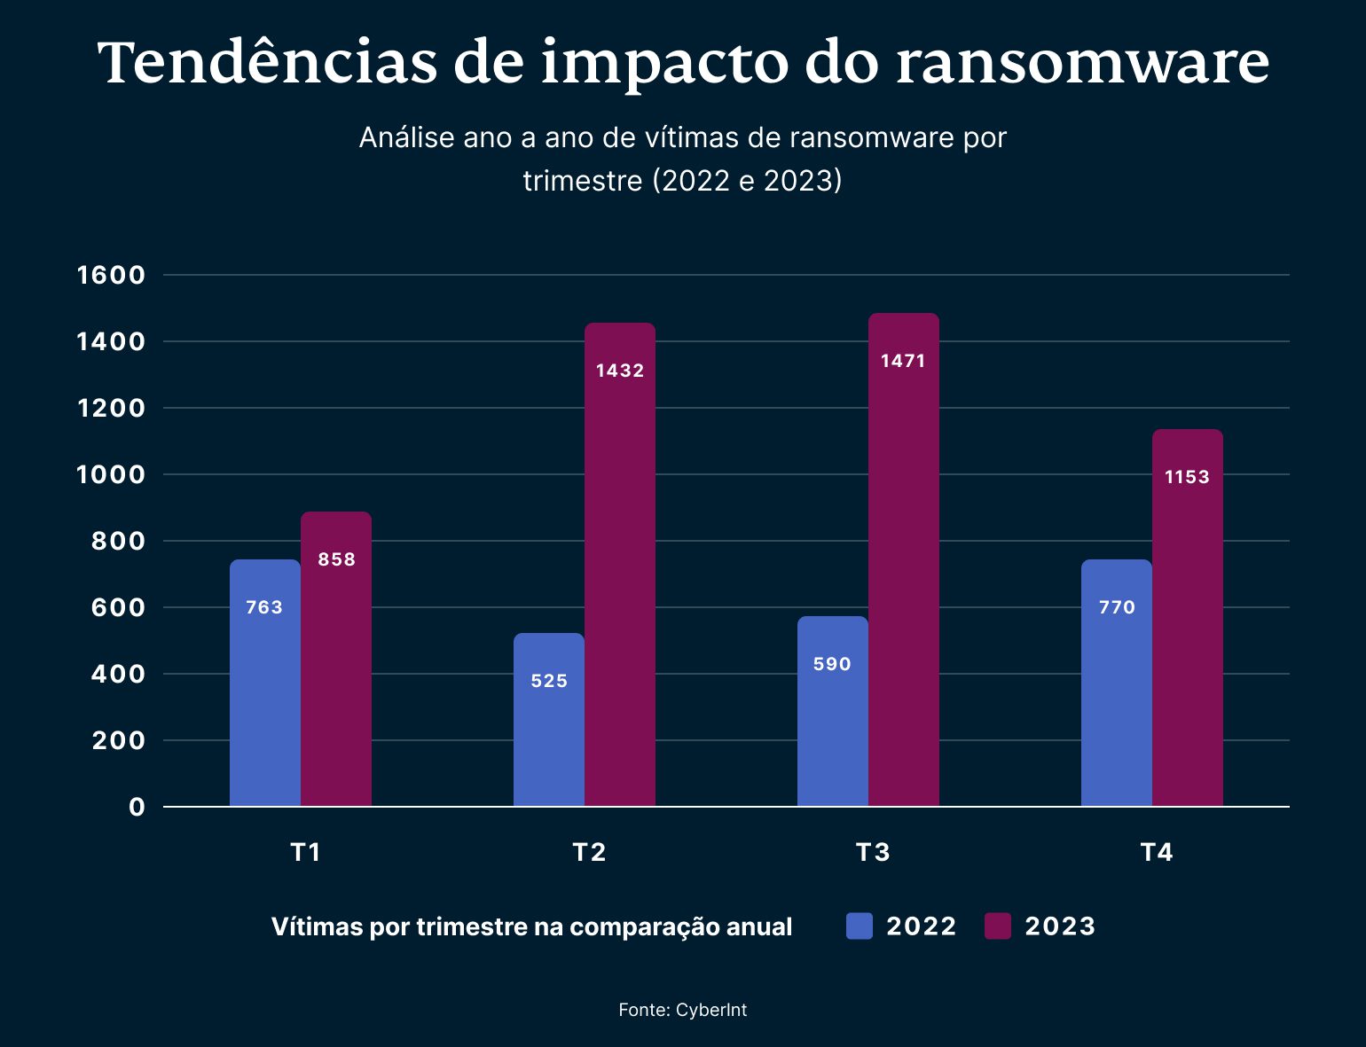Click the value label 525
[549, 681]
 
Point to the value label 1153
[1187, 477]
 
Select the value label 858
[336, 559]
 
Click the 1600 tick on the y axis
[111, 275]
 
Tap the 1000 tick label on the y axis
[111, 474]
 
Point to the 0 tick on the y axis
[137, 807]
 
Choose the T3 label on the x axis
[873, 852]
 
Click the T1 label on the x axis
[305, 852]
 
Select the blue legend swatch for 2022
[859, 926]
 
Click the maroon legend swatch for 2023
[998, 926]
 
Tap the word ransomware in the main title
[1082, 64]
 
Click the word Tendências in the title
[267, 64]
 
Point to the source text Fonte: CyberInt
[682, 1010]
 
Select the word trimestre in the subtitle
[582, 181]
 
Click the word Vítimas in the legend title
[317, 926]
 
